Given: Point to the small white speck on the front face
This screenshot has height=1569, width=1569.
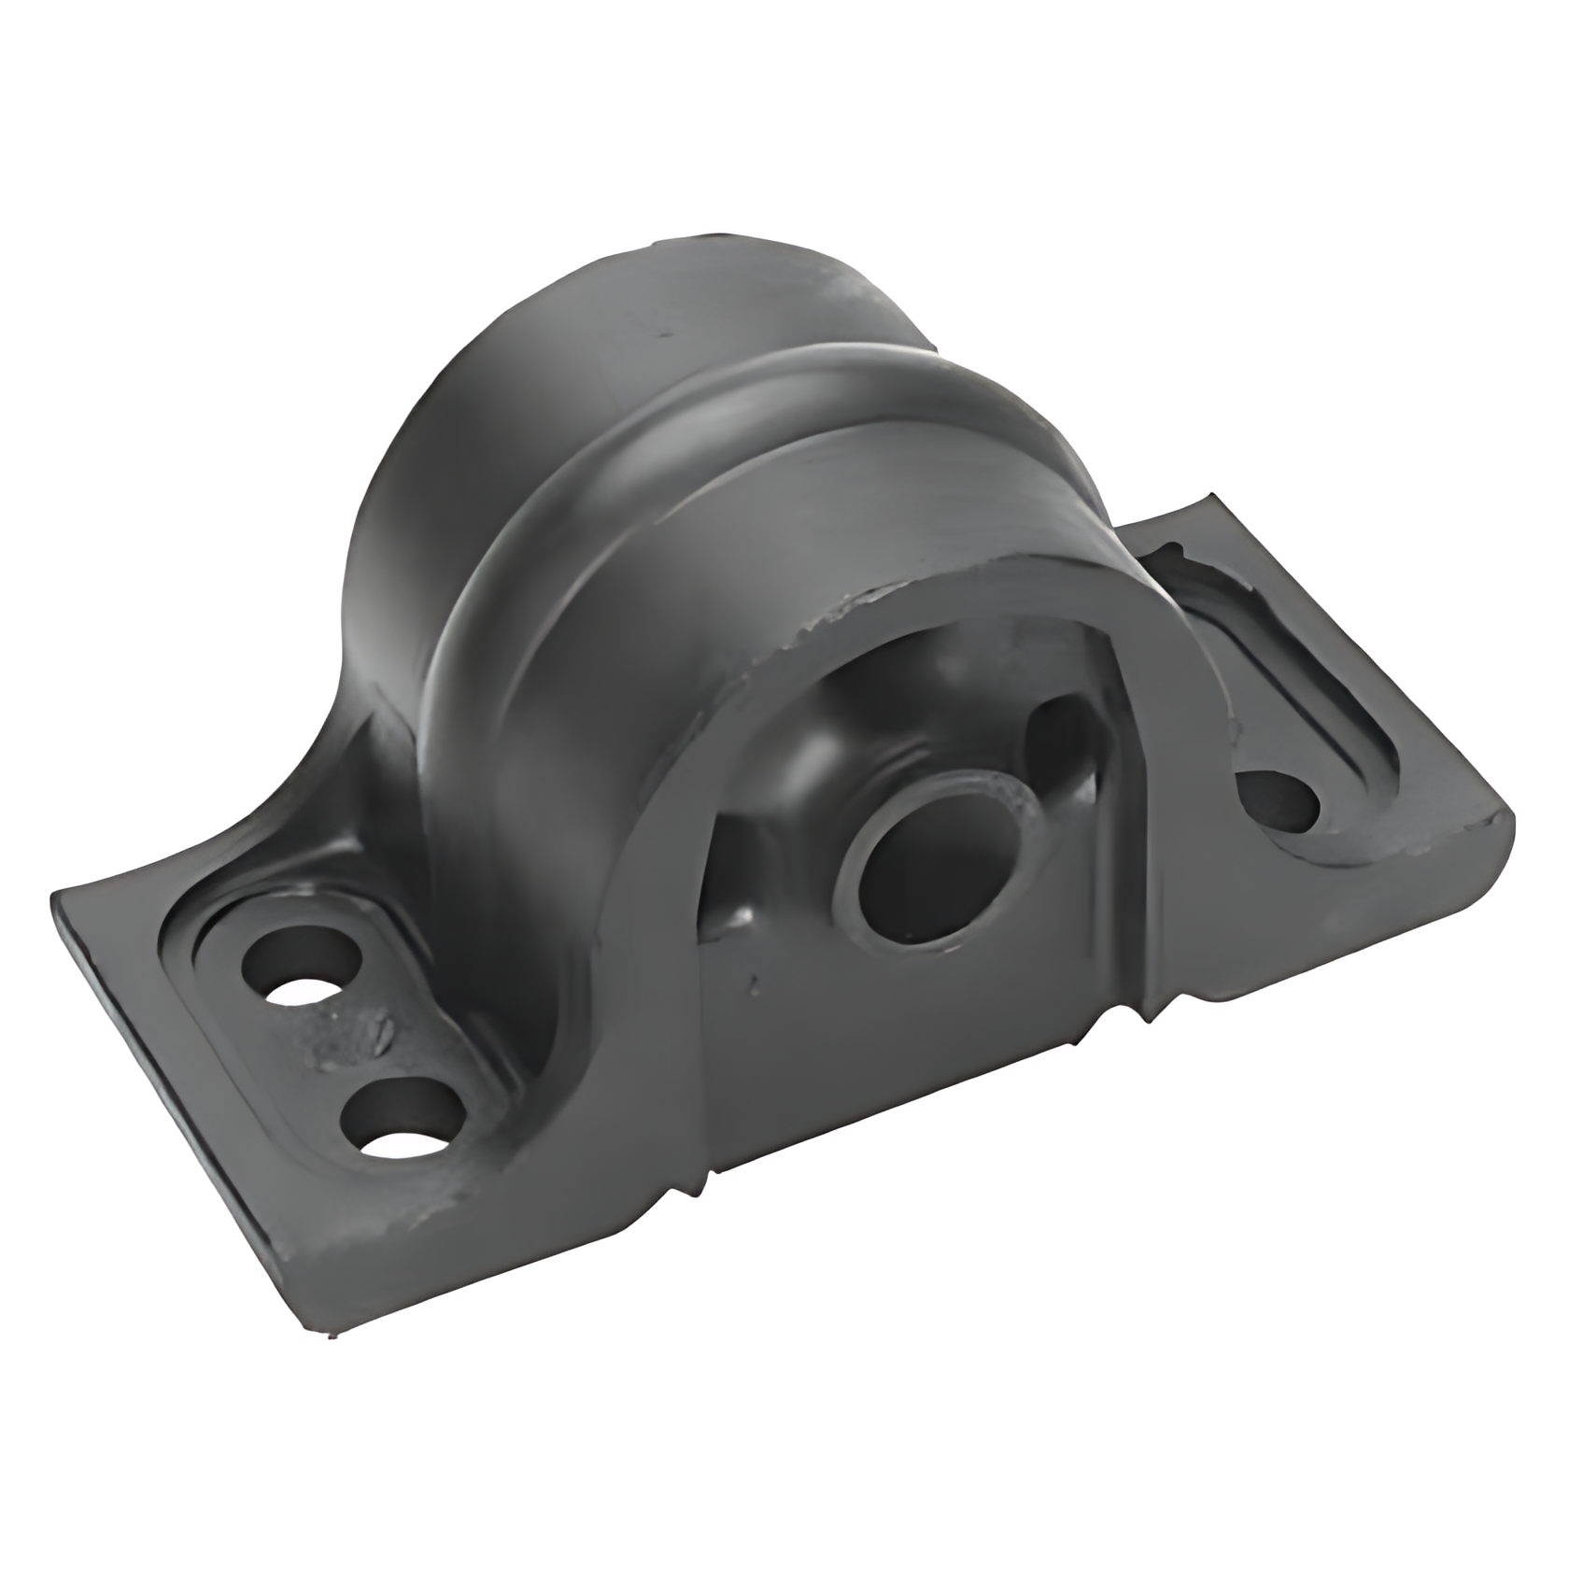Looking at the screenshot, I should pyautogui.click(x=753, y=982).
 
